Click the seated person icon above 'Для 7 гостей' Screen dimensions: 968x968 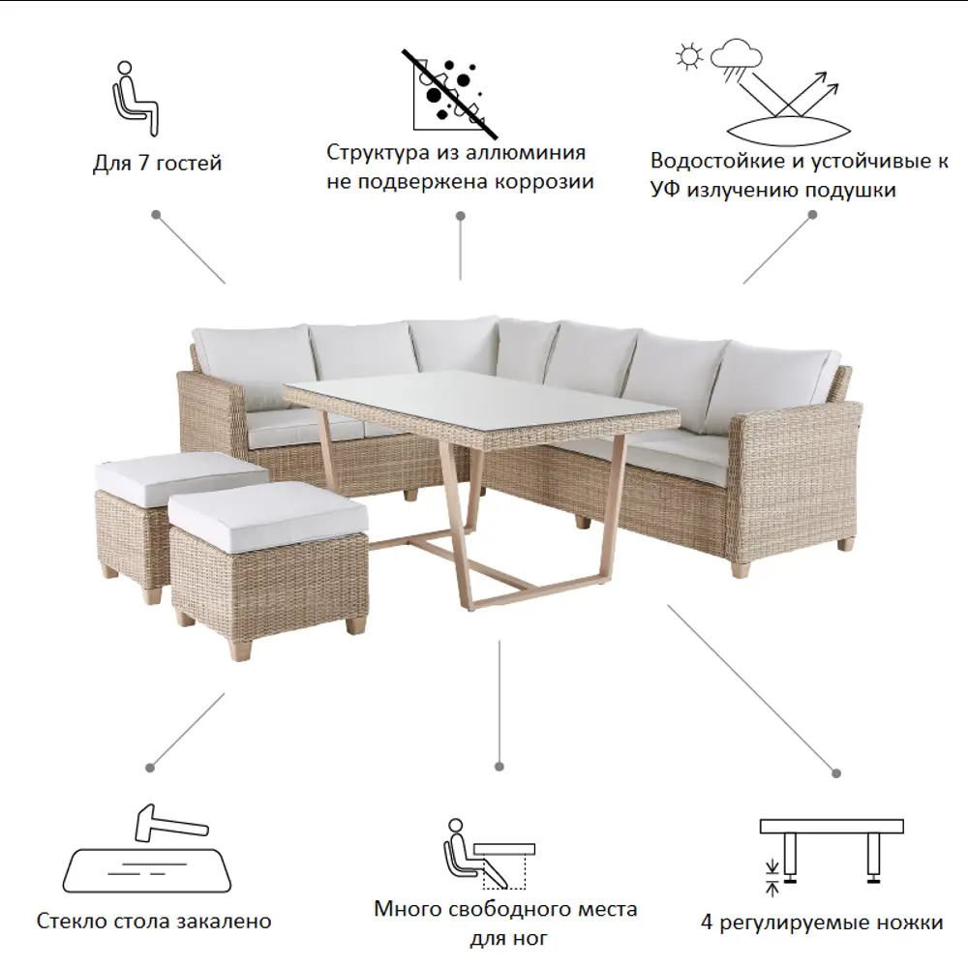click(x=136, y=99)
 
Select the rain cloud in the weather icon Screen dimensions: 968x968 click(x=736, y=58)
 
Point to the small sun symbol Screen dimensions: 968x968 click(x=689, y=56)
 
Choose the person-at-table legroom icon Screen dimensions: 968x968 click(x=488, y=854)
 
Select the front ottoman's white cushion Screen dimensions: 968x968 click(x=269, y=516)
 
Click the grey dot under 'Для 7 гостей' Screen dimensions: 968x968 click(x=156, y=215)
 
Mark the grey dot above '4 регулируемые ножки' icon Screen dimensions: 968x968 click(x=836, y=772)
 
